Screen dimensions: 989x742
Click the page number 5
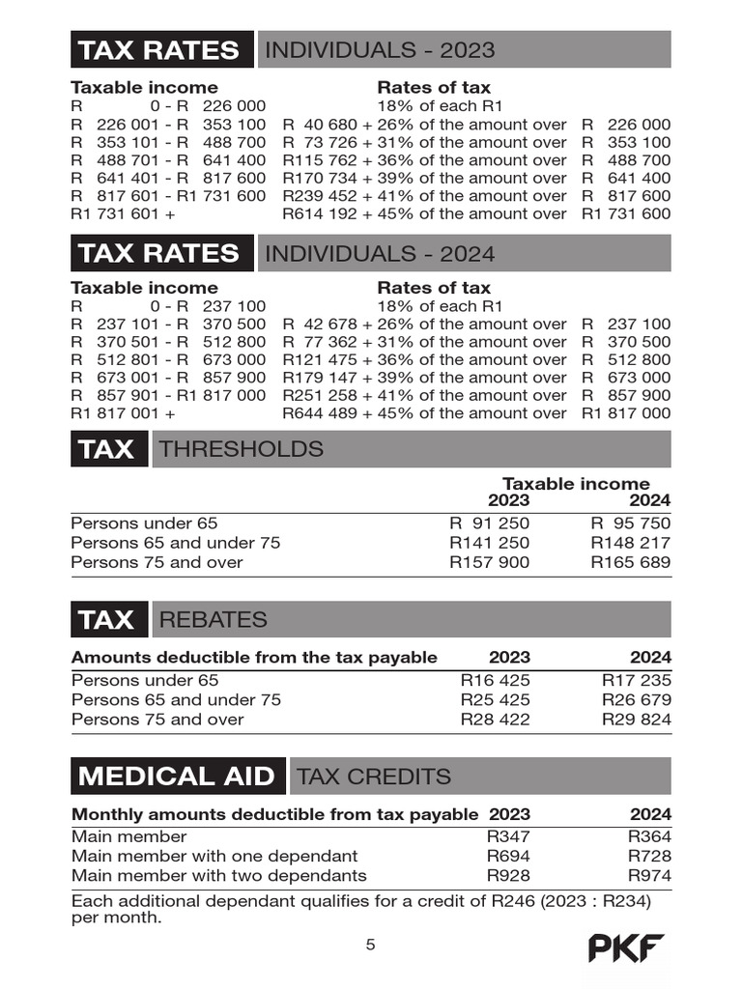[370, 945]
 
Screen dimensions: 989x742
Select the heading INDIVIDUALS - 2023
[380, 50]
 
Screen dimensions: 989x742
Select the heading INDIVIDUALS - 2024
[380, 254]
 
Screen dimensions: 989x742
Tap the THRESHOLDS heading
[242, 449]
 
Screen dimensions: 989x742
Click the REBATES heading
[213, 619]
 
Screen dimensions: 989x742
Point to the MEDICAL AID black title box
[178, 777]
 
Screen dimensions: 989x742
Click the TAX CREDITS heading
[374, 777]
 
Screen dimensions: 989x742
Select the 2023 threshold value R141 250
[490, 543]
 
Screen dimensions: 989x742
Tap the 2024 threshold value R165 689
[631, 562]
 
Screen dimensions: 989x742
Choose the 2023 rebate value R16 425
[495, 680]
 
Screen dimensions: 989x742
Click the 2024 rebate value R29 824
[636, 720]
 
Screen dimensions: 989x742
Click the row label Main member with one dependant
[214, 856]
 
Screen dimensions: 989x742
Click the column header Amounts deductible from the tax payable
[254, 658]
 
